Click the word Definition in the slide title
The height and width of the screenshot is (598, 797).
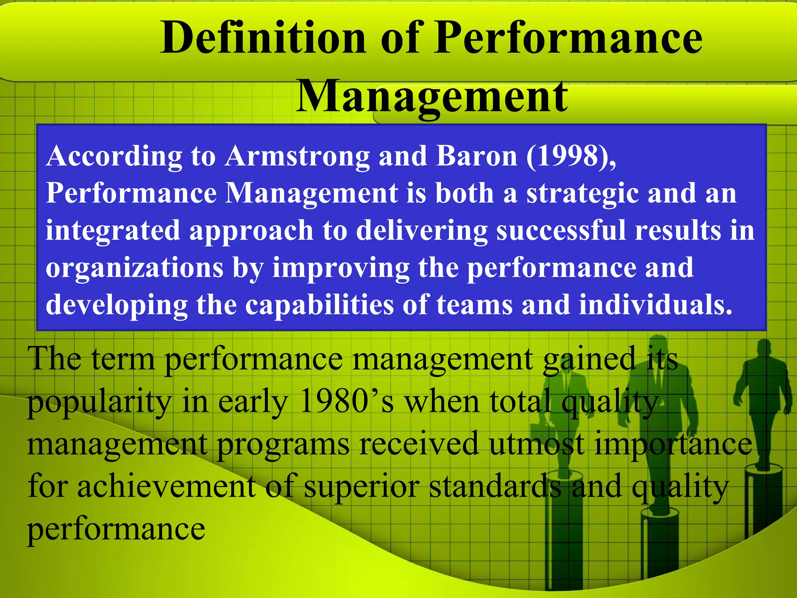263,38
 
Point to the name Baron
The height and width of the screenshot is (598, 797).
477,156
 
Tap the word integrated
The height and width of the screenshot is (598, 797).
112,230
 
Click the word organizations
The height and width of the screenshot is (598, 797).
135,267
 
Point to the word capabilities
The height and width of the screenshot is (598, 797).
319,304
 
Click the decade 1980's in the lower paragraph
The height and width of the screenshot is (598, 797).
347,401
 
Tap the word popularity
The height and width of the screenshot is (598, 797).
100,402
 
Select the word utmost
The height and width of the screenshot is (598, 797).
537,443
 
